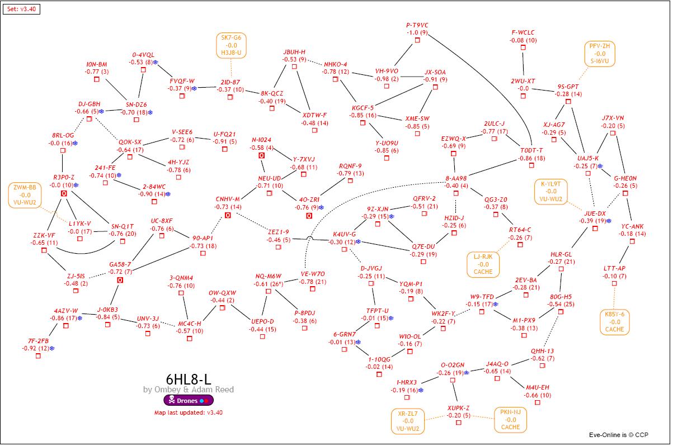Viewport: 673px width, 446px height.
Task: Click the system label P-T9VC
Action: coord(417,25)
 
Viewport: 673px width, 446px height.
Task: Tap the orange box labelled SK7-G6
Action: coord(231,45)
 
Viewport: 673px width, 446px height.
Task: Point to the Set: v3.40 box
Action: coord(21,9)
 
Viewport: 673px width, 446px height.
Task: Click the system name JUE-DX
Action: coord(595,213)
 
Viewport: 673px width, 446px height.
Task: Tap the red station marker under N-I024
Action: coord(261,155)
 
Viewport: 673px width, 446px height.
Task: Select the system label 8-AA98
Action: coord(456,178)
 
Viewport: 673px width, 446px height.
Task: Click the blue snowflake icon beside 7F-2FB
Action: coord(52,349)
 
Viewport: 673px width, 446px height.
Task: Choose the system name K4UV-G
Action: coord(344,234)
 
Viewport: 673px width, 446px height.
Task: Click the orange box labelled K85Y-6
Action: coord(614,322)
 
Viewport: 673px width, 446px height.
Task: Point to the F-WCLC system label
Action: coord(523,33)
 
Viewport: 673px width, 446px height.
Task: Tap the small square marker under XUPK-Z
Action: coord(459,423)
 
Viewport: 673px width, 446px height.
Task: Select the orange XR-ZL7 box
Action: coord(408,421)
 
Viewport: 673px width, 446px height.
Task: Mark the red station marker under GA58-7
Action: coord(120,279)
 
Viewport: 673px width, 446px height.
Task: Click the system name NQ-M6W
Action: coord(269,276)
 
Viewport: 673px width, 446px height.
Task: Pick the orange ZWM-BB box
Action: coord(25,194)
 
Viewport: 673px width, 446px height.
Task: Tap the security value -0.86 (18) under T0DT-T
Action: coord(531,158)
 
